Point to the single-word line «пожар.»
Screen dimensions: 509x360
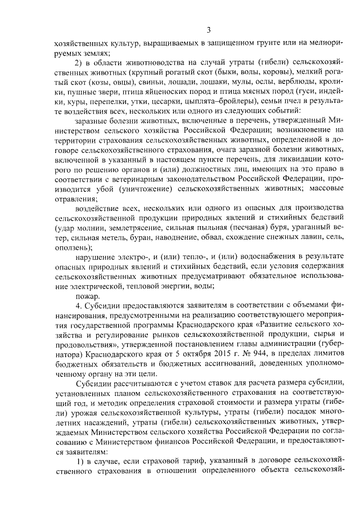click(88, 295)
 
